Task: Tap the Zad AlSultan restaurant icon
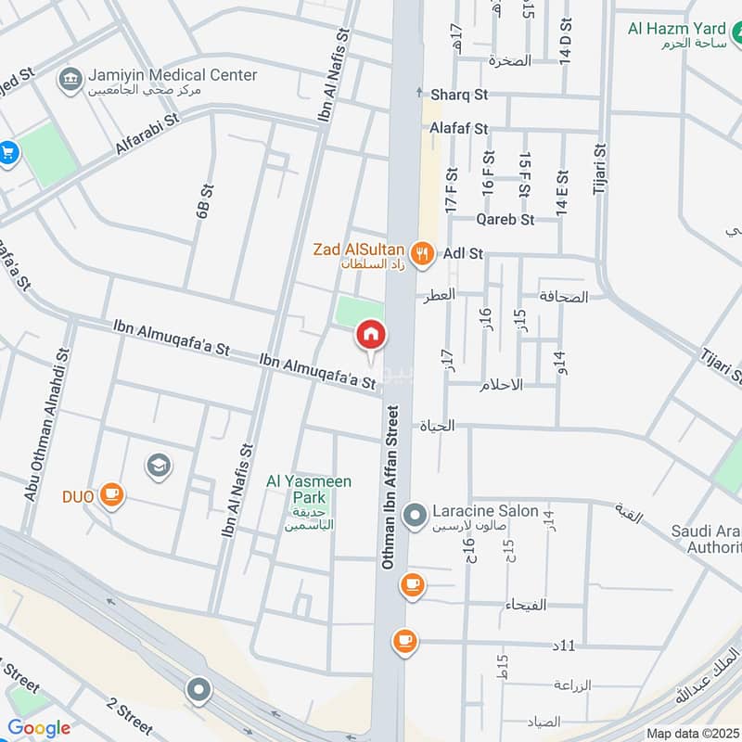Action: click(x=422, y=252)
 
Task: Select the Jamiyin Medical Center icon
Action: click(x=70, y=79)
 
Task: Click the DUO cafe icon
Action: click(x=112, y=495)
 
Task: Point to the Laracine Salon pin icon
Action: click(x=416, y=512)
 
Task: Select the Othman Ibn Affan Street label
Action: click(x=390, y=487)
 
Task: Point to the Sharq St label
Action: click(x=459, y=94)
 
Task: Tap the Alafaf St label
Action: click(x=458, y=129)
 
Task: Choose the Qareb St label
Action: click(x=505, y=220)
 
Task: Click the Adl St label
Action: click(x=464, y=252)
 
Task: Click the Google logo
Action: click(x=39, y=729)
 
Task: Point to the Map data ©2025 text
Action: click(x=691, y=734)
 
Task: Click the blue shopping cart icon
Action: click(x=8, y=152)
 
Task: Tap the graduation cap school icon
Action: click(x=158, y=463)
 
